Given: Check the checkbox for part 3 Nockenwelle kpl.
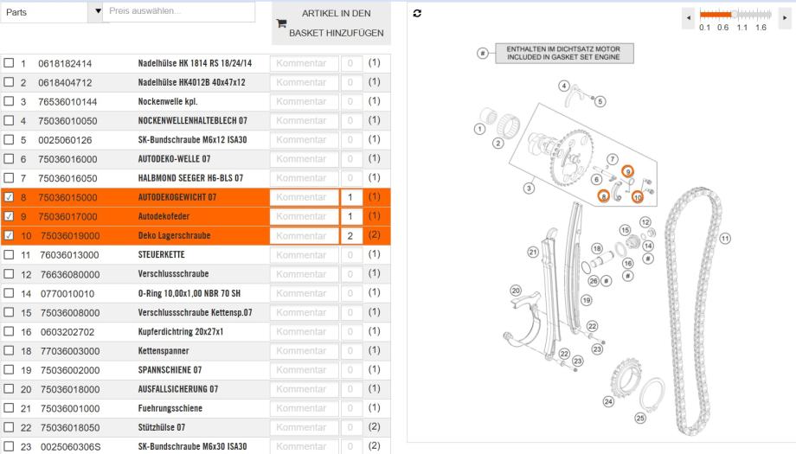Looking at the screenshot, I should tap(9, 101).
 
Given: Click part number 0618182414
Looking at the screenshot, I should tap(65, 63).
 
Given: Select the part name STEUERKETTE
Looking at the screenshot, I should tap(163, 255).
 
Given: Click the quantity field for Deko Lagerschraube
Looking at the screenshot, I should tap(350, 235).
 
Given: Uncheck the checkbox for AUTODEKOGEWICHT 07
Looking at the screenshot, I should tap(9, 197).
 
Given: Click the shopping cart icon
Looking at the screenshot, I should tap(280, 27).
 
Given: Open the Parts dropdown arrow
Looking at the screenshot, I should tap(98, 10).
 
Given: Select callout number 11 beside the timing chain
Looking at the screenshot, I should tap(725, 238).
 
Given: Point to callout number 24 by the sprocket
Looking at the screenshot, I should tap(608, 401).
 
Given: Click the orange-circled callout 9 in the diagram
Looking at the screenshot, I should tap(628, 173).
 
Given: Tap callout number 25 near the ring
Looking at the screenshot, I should tap(640, 418).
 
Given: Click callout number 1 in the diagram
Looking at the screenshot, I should tap(479, 129).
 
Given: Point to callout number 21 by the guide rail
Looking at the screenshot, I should tap(534, 251).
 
